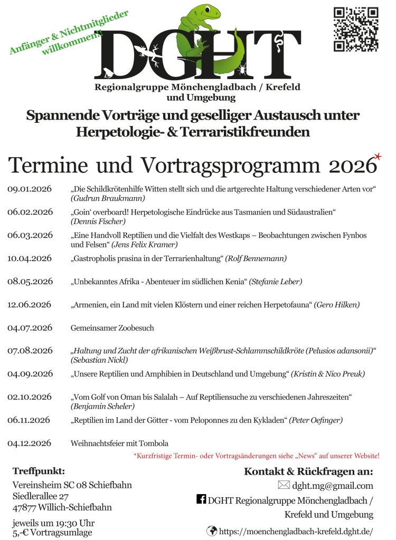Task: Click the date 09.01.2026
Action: [30, 189]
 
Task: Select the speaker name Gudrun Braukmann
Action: [108, 198]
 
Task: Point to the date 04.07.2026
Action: [30, 328]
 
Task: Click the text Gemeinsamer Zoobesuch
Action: [112, 328]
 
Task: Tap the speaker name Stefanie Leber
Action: [276, 282]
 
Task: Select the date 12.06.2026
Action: [30, 305]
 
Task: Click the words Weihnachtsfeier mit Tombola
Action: [119, 443]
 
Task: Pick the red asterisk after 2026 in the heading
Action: [378, 156]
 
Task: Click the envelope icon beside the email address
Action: [284, 485]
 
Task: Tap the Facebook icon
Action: [201, 499]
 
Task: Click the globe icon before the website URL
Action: [212, 531]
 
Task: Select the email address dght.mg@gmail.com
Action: [333, 486]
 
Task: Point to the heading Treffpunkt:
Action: [39, 471]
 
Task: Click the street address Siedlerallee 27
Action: [41, 496]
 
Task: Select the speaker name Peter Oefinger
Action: [316, 420]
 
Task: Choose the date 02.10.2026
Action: [30, 397]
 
